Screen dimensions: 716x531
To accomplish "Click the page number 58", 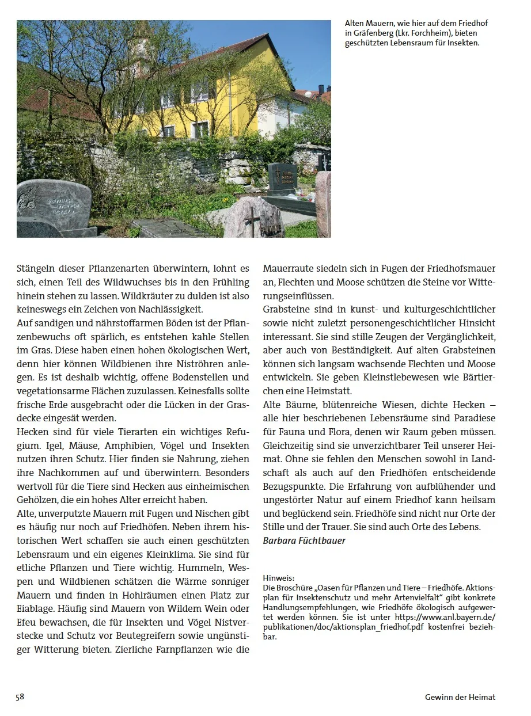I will point(20,696).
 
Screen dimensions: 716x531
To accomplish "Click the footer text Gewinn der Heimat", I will point(460,697).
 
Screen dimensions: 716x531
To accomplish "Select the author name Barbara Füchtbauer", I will point(304,540).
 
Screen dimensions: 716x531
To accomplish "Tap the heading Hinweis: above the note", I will point(279,577).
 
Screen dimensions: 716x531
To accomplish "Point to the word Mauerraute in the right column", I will point(288,268).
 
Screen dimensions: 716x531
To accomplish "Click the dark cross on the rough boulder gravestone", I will point(250,219).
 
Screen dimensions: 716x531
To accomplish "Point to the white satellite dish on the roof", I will point(306,94).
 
